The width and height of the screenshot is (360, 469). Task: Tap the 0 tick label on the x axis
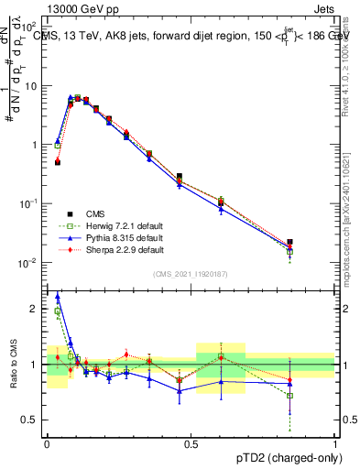pyautogui.click(x=47, y=441)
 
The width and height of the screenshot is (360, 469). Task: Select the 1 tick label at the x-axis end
pyautogui.click(x=335, y=441)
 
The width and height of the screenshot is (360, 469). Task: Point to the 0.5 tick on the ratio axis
pyautogui.click(x=30, y=420)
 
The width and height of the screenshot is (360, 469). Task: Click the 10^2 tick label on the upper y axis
pyautogui.click(x=30, y=27)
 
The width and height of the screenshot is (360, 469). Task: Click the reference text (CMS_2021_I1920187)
pyautogui.click(x=191, y=275)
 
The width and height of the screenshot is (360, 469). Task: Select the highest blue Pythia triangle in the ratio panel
pyautogui.click(x=58, y=296)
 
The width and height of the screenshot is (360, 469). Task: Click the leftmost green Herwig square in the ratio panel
pyautogui.click(x=58, y=311)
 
